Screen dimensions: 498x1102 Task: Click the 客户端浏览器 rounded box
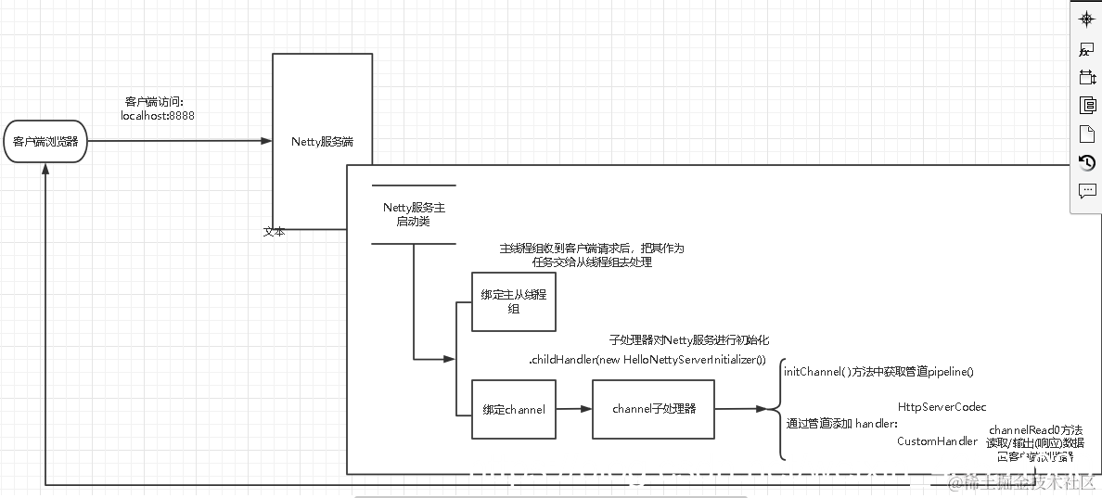[x=45, y=142]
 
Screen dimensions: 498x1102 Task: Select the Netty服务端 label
[x=322, y=142]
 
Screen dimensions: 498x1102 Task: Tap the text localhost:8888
[x=159, y=116]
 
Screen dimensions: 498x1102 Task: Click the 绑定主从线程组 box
[x=513, y=301]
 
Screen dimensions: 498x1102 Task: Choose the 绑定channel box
[x=513, y=409]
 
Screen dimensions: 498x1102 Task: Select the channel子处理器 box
[x=653, y=408]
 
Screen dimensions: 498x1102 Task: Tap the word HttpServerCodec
[x=942, y=407]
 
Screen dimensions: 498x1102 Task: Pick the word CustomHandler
[x=936, y=441]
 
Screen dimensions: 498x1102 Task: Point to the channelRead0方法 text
[x=1035, y=430]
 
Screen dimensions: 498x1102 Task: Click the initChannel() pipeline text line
[x=878, y=371]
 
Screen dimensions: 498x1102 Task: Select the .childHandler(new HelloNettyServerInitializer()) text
[x=647, y=360]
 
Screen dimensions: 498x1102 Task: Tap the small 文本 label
[x=274, y=232]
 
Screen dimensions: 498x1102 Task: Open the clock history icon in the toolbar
[x=1087, y=162]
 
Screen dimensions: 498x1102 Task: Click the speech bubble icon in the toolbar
[x=1087, y=191]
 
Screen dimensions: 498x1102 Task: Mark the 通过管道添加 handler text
[x=841, y=424]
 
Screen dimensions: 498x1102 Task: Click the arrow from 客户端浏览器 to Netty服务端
[x=176, y=142]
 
